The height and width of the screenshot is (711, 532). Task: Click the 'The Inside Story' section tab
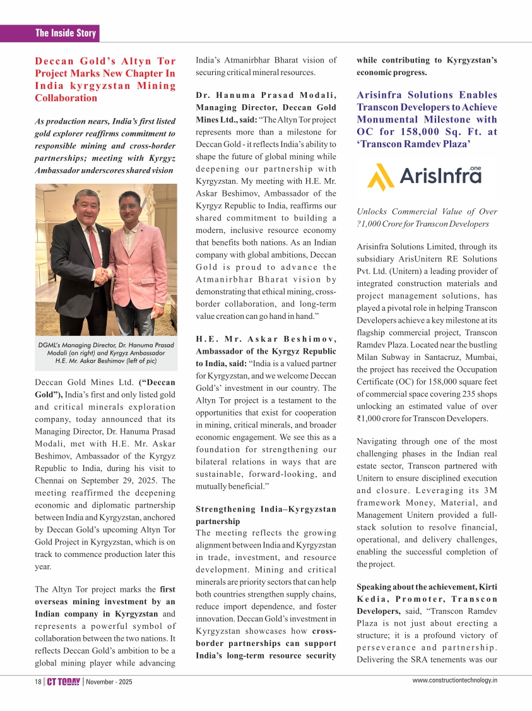coord(66,33)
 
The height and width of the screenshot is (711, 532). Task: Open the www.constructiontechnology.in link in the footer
coord(454,680)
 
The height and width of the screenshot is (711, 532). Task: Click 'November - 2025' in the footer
coord(109,682)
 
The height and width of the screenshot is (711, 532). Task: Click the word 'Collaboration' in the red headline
coord(66,98)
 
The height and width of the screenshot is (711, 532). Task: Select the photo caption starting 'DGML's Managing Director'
coord(106,353)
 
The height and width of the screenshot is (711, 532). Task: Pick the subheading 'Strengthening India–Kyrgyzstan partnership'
coord(266,515)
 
